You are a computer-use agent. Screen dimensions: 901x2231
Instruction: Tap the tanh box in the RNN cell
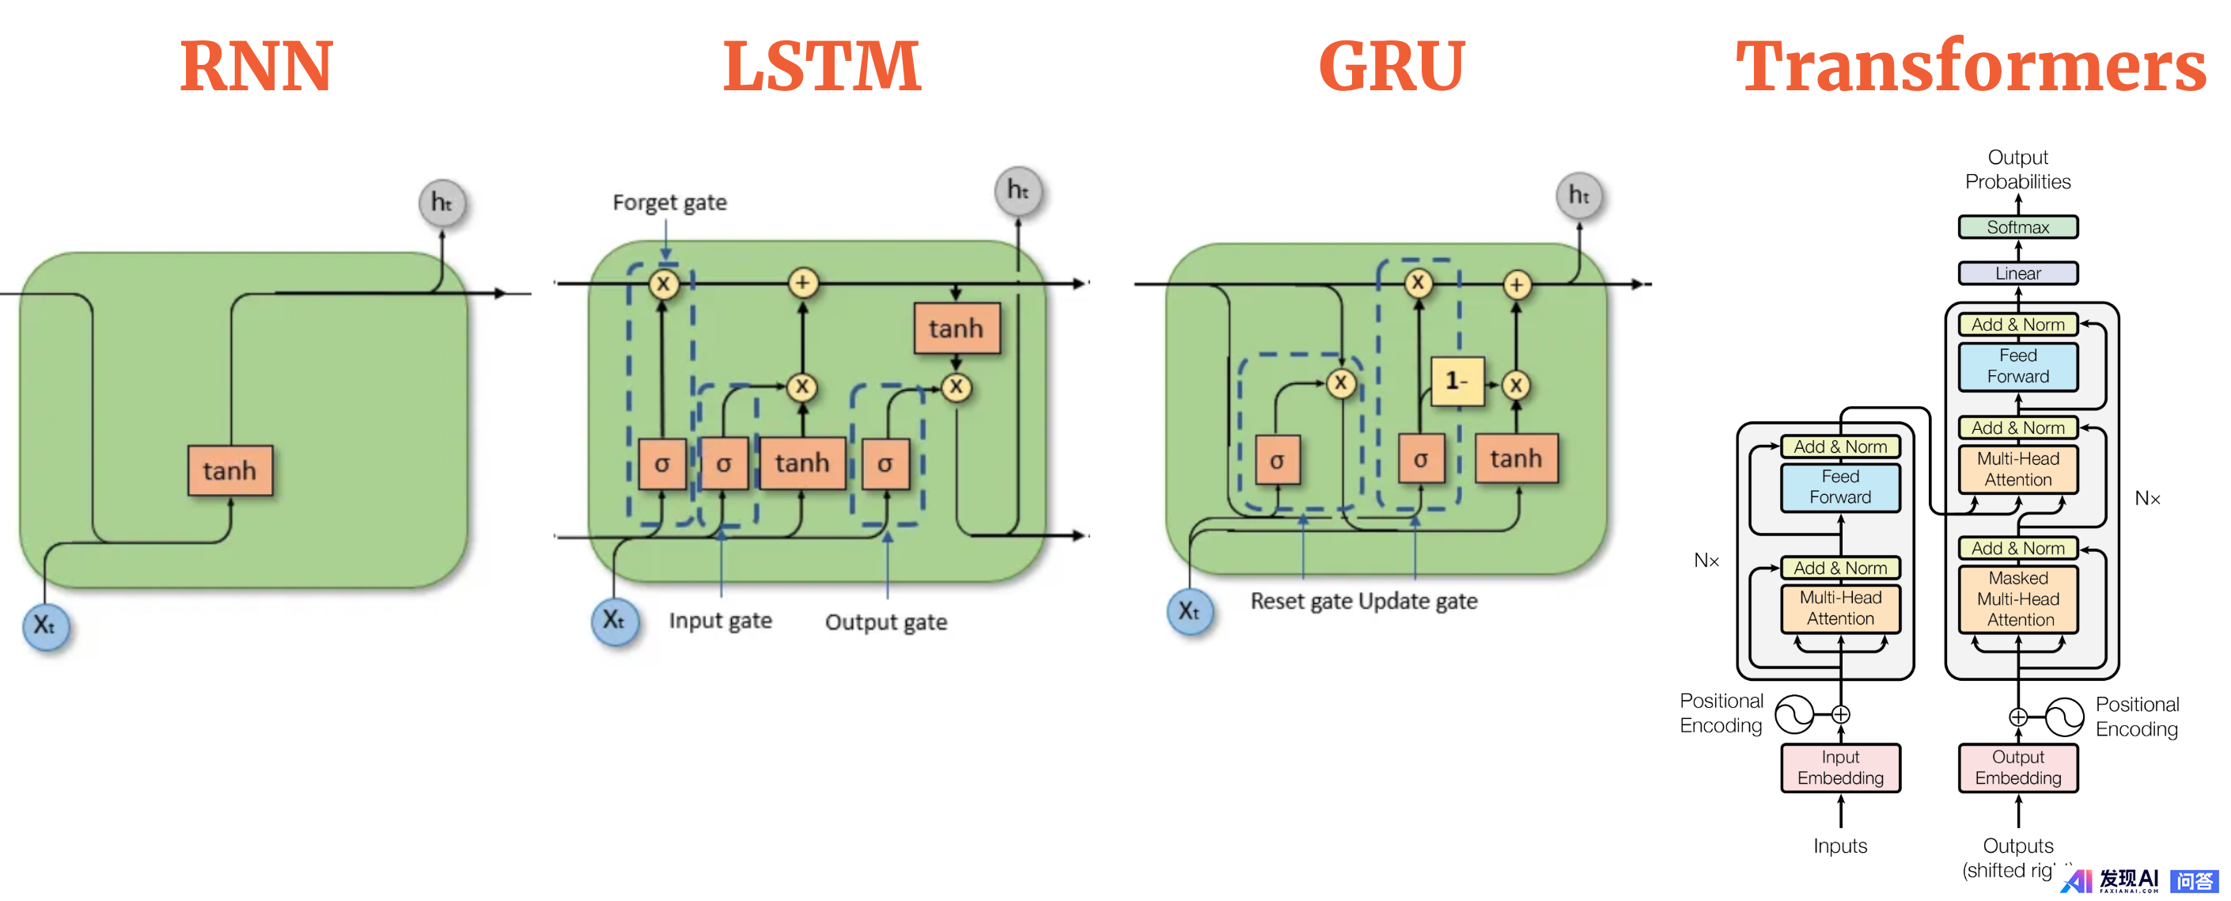229,470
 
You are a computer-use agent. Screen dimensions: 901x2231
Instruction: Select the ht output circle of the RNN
441,203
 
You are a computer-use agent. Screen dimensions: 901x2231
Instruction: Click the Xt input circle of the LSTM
615,620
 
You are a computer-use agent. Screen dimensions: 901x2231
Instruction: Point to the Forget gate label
669,202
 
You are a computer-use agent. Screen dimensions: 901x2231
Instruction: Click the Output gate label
885,622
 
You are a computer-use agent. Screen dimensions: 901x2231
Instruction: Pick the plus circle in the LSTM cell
803,283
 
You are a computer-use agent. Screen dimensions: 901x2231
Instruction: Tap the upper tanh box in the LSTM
956,329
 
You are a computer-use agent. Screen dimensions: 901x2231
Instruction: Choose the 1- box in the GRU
1456,381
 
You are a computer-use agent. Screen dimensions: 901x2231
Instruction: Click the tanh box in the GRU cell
1516,458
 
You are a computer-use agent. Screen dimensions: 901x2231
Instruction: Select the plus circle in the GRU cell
1517,284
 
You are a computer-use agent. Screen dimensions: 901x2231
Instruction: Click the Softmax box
2017,227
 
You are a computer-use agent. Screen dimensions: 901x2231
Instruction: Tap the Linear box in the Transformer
2017,273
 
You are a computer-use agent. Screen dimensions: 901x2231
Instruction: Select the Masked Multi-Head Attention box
2018,599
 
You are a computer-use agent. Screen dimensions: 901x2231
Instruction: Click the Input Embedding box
1840,767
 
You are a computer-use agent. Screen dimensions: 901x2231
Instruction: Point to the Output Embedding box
2018,767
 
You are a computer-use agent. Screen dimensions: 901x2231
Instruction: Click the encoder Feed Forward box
1840,487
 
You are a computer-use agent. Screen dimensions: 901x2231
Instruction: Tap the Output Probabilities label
2017,169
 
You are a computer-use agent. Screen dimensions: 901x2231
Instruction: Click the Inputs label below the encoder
1840,846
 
